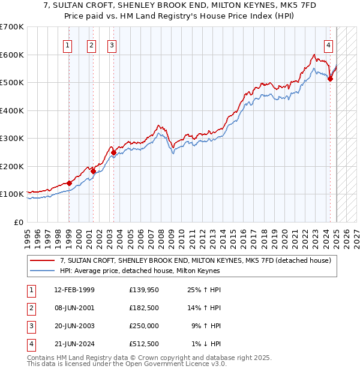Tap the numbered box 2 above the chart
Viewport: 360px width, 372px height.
click(91, 44)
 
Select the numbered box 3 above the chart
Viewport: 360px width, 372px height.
click(112, 44)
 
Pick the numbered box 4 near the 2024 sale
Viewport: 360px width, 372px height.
click(329, 44)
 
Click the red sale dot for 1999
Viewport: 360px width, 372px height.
click(69, 183)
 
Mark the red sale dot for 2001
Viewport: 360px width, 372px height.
click(93, 171)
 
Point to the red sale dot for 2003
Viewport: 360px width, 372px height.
click(113, 152)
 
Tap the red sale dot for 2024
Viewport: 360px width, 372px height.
click(331, 79)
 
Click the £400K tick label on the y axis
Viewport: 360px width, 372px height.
click(12, 110)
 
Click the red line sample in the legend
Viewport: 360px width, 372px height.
click(43, 261)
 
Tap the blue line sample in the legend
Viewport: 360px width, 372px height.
click(43, 271)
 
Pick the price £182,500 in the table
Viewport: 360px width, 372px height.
click(144, 308)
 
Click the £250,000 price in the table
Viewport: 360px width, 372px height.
click(144, 326)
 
